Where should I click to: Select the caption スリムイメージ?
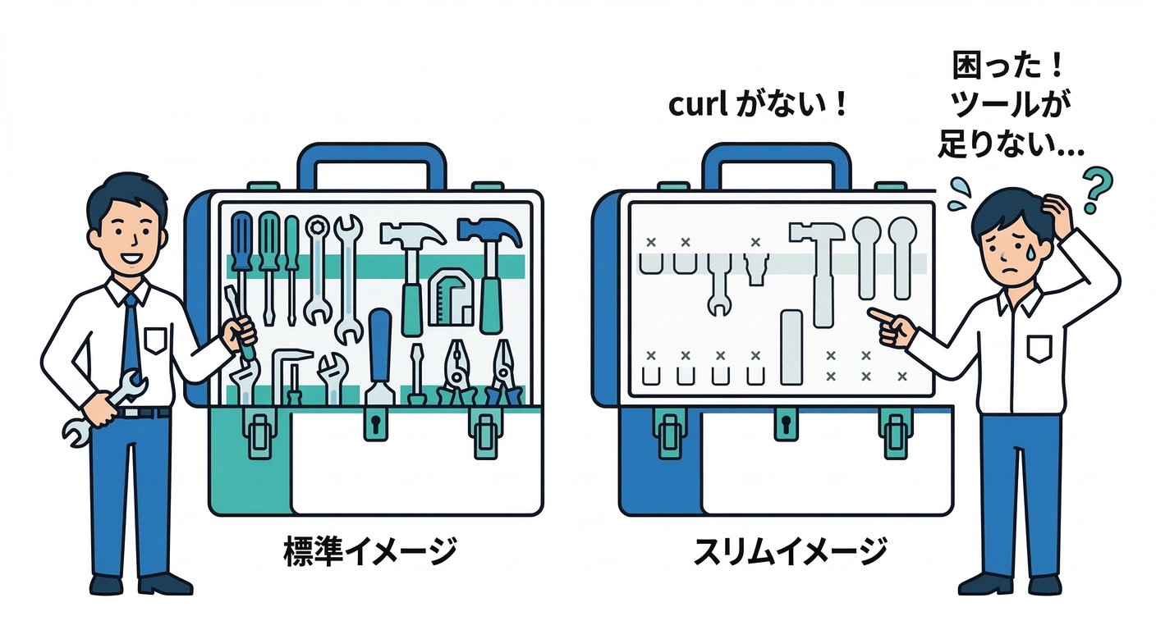point(789,550)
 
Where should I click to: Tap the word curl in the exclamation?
point(697,106)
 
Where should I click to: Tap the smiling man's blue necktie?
point(131,336)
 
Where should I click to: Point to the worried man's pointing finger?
point(879,314)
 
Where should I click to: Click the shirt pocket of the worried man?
point(1038,348)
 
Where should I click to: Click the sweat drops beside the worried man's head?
point(959,192)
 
